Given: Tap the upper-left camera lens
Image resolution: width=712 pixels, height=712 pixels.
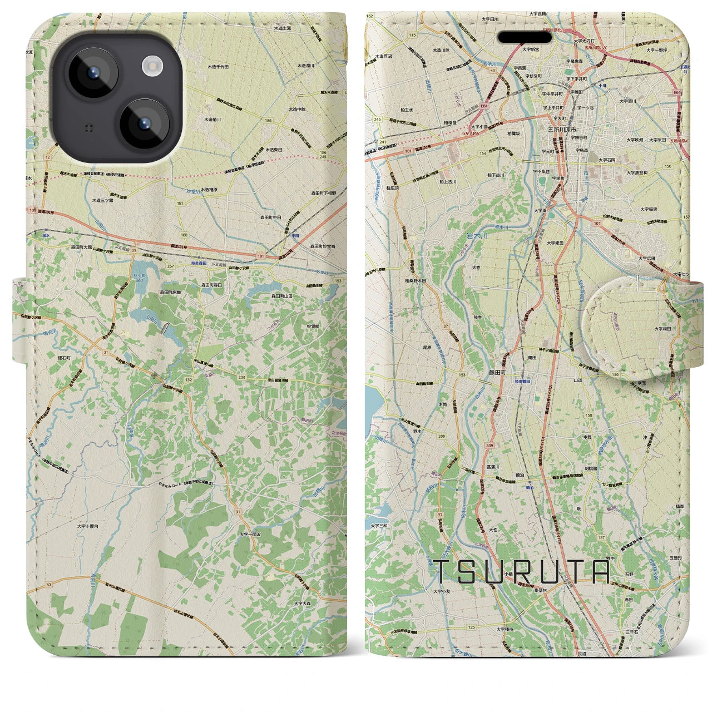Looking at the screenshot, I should coord(93,72).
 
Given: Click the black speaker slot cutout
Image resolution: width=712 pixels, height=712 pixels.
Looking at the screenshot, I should coord(525,37).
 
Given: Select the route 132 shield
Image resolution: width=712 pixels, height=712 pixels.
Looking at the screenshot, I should coord(189,379).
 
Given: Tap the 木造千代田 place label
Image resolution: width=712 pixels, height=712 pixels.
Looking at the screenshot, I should coord(219,66).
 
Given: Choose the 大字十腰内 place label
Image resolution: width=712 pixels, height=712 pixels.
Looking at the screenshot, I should coord(87,525).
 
